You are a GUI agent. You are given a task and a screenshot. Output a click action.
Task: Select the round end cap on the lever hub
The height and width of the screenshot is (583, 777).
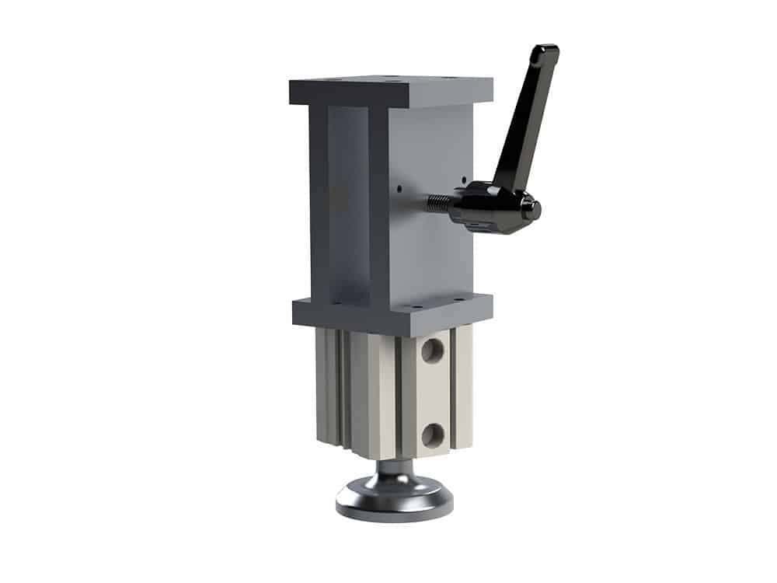tap(532, 208)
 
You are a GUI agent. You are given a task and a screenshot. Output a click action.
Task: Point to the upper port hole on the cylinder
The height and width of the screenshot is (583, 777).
tap(432, 351)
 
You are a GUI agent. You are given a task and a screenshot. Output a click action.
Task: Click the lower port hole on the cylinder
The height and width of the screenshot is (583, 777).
tap(432, 434)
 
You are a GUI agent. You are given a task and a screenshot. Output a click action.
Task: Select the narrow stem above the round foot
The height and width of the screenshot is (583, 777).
tap(394, 469)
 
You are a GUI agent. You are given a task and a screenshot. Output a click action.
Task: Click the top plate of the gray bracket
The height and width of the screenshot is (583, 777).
tap(391, 90)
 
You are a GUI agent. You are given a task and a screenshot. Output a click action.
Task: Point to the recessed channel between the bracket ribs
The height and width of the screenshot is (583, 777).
tap(347, 202)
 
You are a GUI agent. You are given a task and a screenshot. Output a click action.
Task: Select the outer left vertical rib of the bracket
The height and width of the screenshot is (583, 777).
tap(319, 202)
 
